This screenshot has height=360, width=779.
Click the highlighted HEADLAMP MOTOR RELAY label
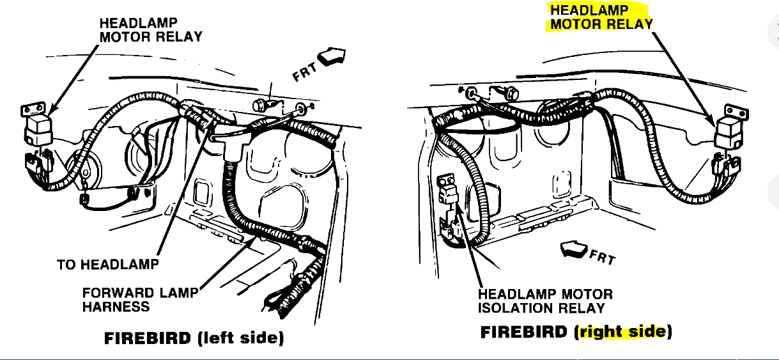coord(601,17)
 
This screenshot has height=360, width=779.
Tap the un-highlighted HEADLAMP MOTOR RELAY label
coord(150,30)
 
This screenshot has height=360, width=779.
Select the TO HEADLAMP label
coord(107,264)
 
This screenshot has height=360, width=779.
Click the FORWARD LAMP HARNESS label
coord(137,300)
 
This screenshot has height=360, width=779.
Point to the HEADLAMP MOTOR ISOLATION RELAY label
coord(545,301)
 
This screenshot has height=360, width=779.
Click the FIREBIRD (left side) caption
coord(194,338)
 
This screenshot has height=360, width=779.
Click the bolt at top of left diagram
coord(260,104)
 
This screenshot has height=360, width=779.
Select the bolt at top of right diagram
coord(510,93)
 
